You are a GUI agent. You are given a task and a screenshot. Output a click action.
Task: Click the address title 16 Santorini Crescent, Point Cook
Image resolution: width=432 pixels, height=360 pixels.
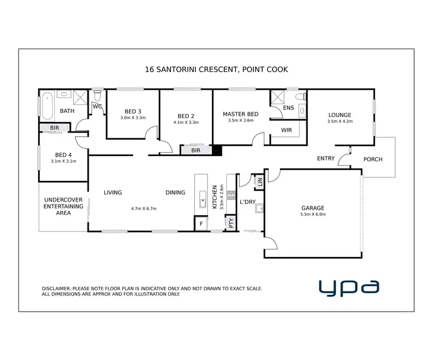pyautogui.click(x=216, y=69)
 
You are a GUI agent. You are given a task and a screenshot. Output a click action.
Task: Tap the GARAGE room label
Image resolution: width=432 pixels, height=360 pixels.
pyautogui.click(x=313, y=208)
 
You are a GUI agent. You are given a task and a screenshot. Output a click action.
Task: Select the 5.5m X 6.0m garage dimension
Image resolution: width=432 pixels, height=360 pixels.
pyautogui.click(x=313, y=214)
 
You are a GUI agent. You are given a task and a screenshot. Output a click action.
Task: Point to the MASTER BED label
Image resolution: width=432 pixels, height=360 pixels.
pyautogui.click(x=240, y=114)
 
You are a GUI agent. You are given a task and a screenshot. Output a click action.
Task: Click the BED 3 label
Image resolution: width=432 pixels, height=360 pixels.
pyautogui.click(x=132, y=111)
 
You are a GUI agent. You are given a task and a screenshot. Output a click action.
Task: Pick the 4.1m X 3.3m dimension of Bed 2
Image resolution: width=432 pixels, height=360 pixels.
pyautogui.click(x=186, y=122)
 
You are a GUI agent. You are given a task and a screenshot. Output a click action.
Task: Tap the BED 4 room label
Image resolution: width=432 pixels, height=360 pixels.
pyautogui.click(x=63, y=154)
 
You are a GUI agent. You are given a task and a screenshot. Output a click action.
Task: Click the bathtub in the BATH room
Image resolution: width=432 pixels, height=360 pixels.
pyautogui.click(x=47, y=105)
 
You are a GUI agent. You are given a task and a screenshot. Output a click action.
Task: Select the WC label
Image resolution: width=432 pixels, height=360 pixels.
pyautogui.click(x=97, y=107)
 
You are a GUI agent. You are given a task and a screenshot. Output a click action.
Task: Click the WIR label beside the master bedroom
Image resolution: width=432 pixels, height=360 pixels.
pyautogui.click(x=286, y=130)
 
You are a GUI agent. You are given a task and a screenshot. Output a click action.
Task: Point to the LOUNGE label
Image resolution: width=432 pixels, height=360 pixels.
pyautogui.click(x=339, y=115)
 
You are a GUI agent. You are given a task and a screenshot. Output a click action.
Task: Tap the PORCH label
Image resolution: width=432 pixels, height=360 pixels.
pyautogui.click(x=372, y=160)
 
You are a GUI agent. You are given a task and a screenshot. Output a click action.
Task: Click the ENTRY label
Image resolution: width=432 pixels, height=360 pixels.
pyautogui.click(x=326, y=158)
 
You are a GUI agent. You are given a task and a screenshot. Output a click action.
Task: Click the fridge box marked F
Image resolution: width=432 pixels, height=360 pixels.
pyautogui.click(x=201, y=223)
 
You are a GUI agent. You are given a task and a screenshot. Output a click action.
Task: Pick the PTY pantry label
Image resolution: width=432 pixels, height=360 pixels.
pyautogui.click(x=232, y=222)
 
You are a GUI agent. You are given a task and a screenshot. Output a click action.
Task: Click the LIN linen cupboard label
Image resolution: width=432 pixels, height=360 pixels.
pyautogui.click(x=260, y=182)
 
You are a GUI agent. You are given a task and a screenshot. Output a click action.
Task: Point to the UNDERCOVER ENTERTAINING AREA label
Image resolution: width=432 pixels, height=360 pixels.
pyautogui.click(x=63, y=207)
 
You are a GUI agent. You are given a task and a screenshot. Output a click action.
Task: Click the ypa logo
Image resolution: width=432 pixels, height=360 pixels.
pyautogui.click(x=350, y=286)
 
